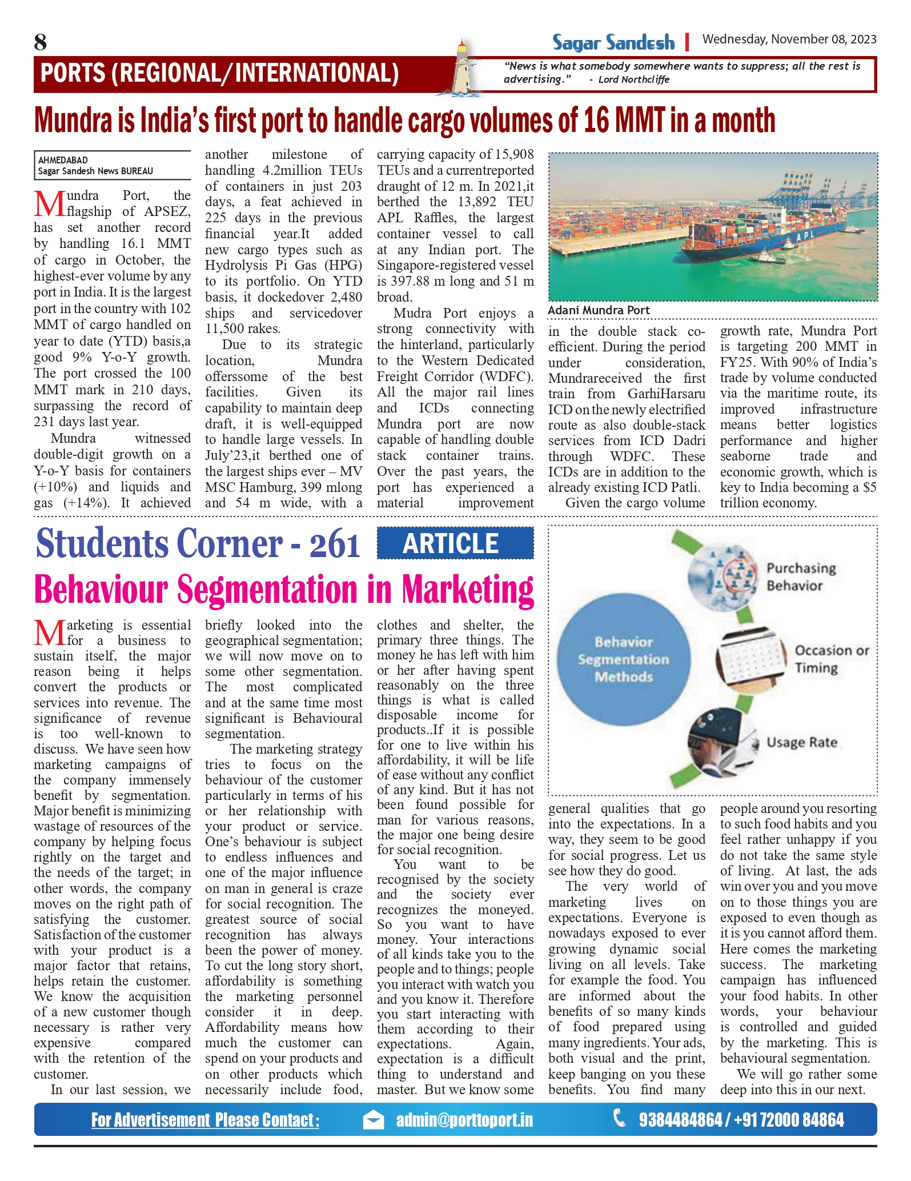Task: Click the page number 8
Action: [40, 42]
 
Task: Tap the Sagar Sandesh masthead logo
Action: [613, 42]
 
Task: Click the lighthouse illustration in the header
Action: [463, 69]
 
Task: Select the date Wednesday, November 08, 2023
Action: [789, 39]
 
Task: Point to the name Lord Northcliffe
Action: [633, 79]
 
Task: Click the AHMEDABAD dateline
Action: [63, 160]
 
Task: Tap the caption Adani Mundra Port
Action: [599, 310]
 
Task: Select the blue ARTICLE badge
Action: [455, 543]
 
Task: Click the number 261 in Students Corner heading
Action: [335, 545]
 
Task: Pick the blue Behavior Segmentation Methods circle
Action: [623, 659]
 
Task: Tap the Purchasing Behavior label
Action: [800, 577]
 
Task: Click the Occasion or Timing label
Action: [831, 659]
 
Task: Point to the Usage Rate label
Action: [801, 742]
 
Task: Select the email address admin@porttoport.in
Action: [464, 1120]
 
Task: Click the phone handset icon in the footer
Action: [619, 1118]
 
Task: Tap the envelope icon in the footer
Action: [374, 1120]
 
